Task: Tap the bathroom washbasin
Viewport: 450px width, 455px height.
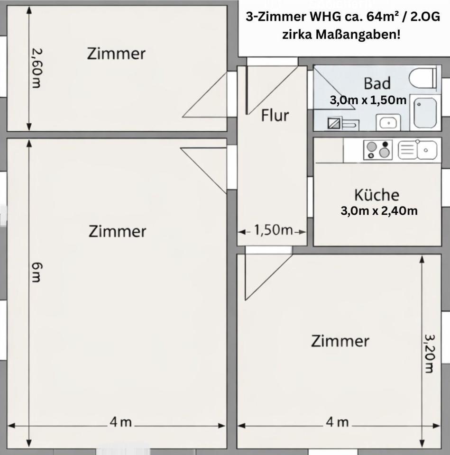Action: pos(388,122)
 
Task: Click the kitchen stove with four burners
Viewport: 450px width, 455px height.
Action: pos(377,150)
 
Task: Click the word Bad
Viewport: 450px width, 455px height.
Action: pos(377,83)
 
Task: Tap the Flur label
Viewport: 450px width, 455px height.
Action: pos(275,115)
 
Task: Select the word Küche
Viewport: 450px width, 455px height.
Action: pos(377,195)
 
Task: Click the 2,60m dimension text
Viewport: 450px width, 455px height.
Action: pos(37,68)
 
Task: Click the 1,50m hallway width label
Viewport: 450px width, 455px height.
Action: pos(273,231)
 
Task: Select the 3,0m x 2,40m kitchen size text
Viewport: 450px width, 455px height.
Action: pos(379,211)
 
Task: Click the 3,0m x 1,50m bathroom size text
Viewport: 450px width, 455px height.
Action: pos(368,100)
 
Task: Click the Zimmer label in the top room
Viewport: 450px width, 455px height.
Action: pos(116,54)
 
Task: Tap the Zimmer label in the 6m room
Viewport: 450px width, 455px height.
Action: pos(117,232)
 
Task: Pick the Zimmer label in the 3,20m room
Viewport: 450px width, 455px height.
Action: pos(340,341)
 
